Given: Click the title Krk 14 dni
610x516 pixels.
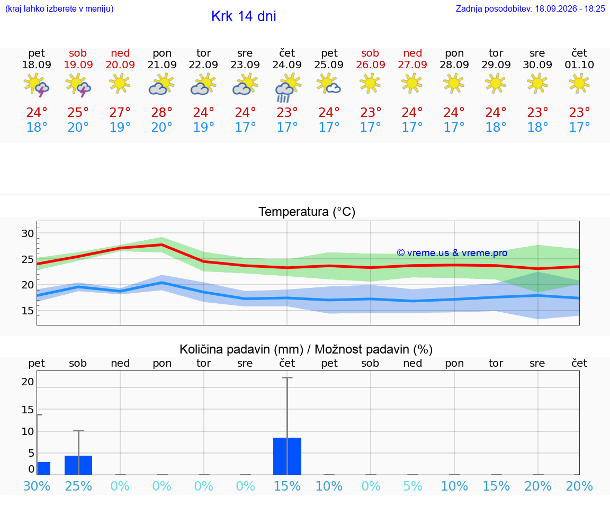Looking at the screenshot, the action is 244,16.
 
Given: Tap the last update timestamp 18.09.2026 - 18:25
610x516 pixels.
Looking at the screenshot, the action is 570,8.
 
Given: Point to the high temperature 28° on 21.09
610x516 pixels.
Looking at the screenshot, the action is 162,112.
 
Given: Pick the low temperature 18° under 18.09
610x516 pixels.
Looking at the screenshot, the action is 37,127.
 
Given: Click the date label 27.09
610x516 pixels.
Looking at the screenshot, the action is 412,65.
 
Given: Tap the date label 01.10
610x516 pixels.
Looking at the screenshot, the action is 579,65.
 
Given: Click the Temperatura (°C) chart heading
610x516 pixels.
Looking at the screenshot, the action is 307,212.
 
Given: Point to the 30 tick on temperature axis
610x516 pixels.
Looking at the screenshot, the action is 28,233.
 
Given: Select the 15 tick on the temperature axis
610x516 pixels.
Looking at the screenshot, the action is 28,310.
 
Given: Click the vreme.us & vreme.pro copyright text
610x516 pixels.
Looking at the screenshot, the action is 452,253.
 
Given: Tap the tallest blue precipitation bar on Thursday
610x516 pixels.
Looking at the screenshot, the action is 287,456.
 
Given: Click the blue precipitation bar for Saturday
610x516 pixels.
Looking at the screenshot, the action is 78,465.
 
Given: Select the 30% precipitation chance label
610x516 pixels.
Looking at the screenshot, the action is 37,486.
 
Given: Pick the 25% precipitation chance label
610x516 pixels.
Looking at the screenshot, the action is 78,486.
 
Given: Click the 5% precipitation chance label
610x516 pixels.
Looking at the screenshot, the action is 412,486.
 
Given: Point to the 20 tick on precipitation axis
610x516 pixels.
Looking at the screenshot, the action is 28,382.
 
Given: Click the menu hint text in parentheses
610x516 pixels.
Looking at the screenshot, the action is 59,8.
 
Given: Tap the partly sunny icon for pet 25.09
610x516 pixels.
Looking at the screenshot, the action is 329,84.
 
